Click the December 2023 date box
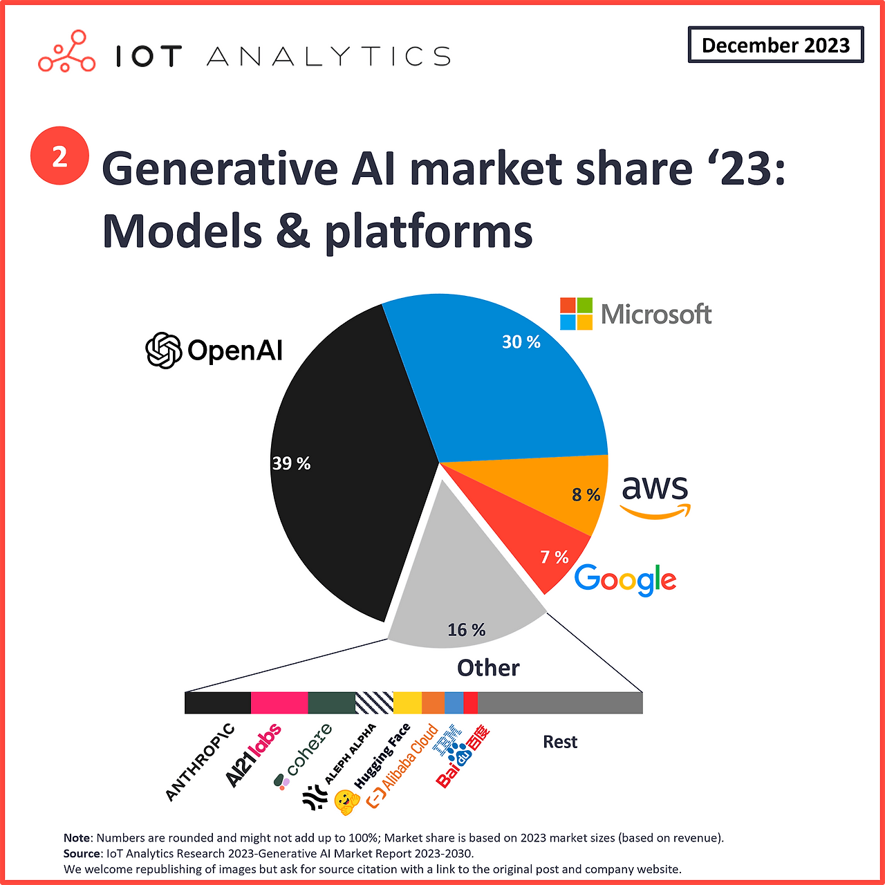tap(775, 45)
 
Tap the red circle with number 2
tap(59, 156)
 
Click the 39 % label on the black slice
tap(291, 463)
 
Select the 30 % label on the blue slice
tap(521, 342)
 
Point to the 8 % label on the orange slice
tap(586, 494)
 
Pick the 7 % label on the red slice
tap(554, 557)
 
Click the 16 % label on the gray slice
tap(466, 630)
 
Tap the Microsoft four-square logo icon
tap(576, 314)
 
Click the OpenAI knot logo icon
tap(163, 351)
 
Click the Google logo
tap(625, 579)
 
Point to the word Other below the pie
tap(488, 668)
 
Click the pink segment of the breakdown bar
tap(279, 702)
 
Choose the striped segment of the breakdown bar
tap(374, 702)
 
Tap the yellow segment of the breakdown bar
tap(407, 702)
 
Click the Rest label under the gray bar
tap(559, 742)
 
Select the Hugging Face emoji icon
tap(346, 802)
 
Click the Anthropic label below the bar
tap(200, 763)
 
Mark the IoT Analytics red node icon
tap(66, 52)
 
